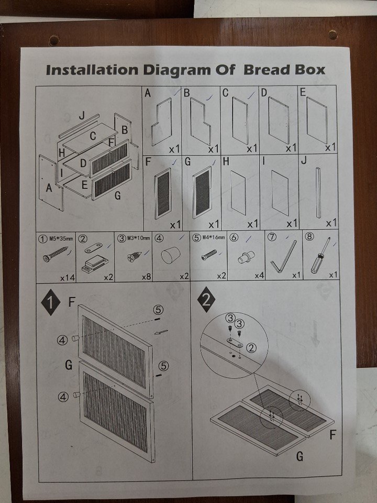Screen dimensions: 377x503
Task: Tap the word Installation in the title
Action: [92, 70]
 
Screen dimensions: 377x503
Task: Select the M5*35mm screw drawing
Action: [56, 254]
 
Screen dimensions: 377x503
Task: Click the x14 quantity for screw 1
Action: [68, 278]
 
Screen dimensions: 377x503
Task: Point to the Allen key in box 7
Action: [283, 257]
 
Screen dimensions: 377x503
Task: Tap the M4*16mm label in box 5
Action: [214, 237]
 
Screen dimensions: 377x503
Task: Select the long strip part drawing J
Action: [318, 192]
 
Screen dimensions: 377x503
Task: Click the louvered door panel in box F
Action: [163, 193]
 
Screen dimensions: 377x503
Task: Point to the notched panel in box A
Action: [162, 122]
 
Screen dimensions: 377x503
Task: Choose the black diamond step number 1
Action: [51, 302]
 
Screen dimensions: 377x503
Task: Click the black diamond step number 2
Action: [206, 300]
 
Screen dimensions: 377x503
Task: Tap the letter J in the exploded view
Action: [82, 115]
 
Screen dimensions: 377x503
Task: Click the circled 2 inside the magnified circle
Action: [251, 347]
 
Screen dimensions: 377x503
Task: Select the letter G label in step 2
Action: [300, 456]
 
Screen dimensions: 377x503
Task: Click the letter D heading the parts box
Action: [264, 92]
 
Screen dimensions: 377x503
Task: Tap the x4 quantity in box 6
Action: [259, 276]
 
